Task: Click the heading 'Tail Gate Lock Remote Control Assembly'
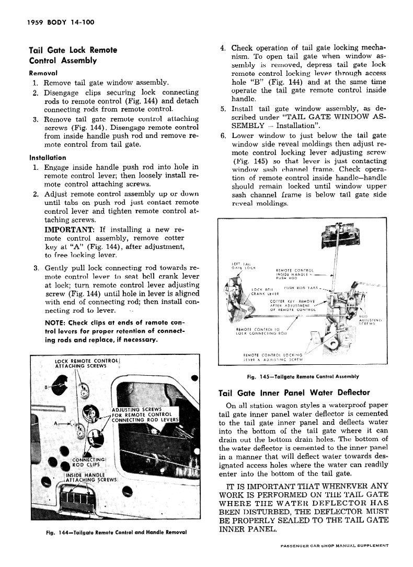73,55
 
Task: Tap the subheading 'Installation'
48,157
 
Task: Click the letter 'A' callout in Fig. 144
55,424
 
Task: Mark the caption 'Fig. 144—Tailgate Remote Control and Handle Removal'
116,533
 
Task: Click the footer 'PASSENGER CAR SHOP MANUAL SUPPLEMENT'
334,545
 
